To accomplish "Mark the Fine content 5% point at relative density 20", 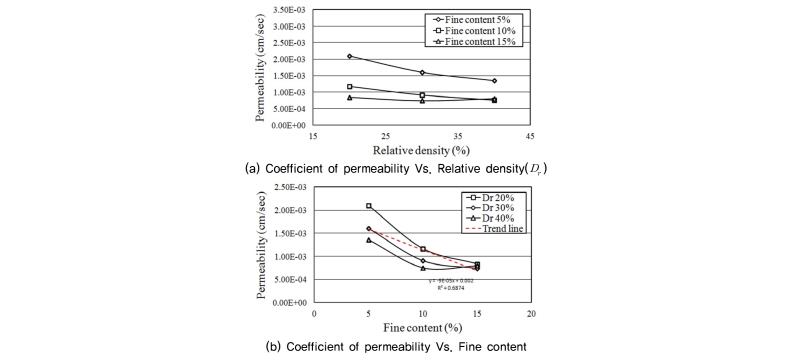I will (x=349, y=56).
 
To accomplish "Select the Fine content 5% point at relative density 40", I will (x=494, y=81).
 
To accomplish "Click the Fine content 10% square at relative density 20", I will (x=349, y=87).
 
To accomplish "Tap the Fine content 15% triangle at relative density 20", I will (x=349, y=97).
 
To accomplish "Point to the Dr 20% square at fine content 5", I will (x=369, y=206).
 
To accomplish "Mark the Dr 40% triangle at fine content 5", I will (x=369, y=240).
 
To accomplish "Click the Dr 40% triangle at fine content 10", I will (x=423, y=268).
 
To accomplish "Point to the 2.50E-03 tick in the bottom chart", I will (x=284, y=187).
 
